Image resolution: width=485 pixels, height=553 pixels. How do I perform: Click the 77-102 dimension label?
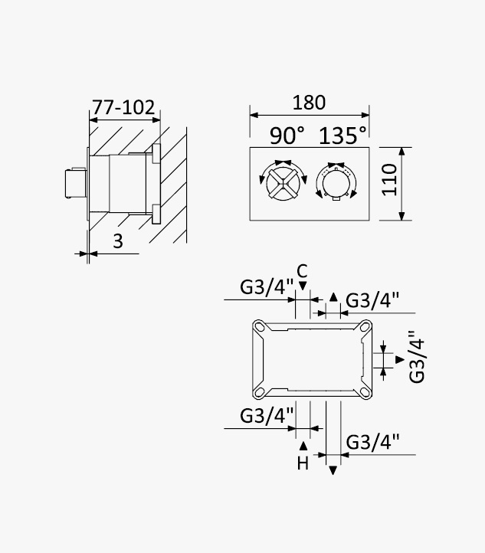click(123, 107)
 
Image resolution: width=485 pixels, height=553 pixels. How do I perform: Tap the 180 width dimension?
click(309, 103)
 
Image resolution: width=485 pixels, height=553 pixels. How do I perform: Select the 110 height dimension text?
click(389, 180)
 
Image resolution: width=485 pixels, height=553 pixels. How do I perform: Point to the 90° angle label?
click(287, 136)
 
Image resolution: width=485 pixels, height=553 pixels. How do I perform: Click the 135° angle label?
click(342, 136)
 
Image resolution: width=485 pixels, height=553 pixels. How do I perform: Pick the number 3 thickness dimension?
click(118, 241)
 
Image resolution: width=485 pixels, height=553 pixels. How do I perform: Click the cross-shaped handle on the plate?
click(283, 183)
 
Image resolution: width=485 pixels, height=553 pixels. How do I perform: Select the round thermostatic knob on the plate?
click(336, 184)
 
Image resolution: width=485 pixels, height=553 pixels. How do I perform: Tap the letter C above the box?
click(303, 272)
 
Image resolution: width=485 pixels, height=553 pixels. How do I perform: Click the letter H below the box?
click(303, 463)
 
